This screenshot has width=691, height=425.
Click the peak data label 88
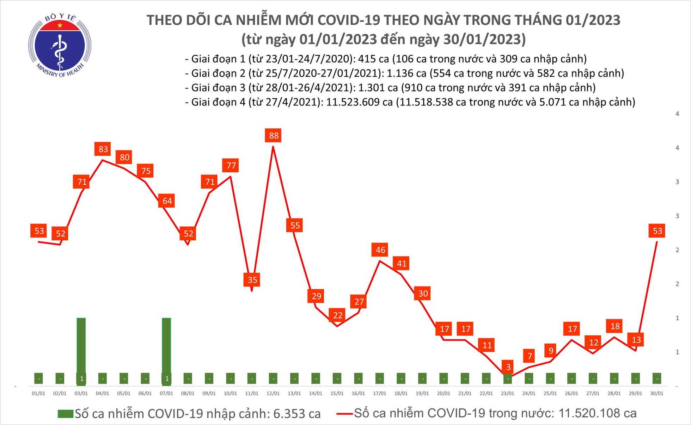tap(273, 135)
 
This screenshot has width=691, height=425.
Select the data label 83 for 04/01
tap(103, 149)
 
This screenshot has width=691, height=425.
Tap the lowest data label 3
tap(508, 367)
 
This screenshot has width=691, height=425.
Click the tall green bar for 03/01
tap(81, 345)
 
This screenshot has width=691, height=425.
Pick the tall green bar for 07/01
tap(166, 345)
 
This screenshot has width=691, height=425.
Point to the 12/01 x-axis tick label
tap(273, 393)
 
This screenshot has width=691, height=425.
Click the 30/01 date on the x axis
tap(656, 393)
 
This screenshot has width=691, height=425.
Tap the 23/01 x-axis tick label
tap(507, 393)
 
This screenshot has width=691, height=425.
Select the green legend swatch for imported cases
tap(65, 414)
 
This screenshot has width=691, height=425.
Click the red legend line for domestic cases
tap(344, 414)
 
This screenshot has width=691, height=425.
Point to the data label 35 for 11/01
tap(252, 280)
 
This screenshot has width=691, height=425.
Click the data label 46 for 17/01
tap(380, 250)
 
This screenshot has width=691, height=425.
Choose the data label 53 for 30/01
tap(657, 231)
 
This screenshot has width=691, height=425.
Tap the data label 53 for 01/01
tap(39, 231)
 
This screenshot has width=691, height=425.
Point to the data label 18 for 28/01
tap(614, 326)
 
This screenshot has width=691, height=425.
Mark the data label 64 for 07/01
tap(167, 201)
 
